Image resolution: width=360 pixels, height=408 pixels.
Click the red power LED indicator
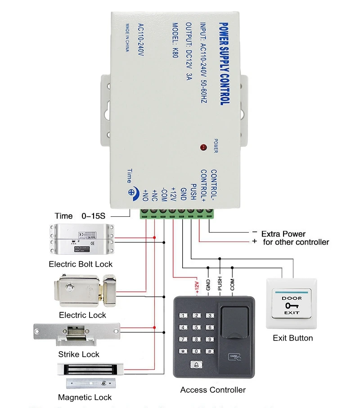[203, 147]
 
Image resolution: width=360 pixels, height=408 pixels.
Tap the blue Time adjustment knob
[133, 191]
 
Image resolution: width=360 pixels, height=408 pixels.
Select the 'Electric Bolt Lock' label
[81, 264]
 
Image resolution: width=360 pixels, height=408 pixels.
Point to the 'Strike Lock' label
[79, 354]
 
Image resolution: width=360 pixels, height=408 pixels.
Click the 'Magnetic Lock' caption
[85, 397]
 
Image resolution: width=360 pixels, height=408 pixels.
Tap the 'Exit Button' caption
[292, 338]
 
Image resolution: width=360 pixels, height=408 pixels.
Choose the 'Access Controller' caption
[213, 390]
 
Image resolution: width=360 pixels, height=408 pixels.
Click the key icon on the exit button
[292, 305]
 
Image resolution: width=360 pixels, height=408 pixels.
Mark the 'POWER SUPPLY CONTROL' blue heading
[224, 63]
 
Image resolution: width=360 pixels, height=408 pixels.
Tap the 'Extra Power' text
[283, 234]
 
